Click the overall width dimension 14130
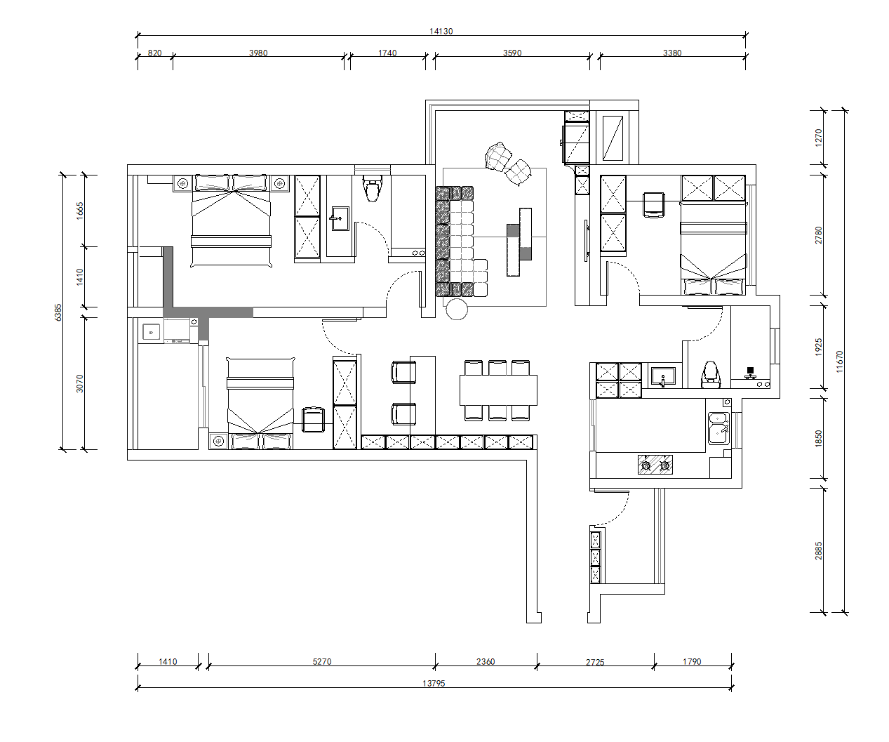click(x=441, y=31)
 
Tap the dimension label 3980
click(x=258, y=53)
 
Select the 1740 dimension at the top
click(x=387, y=53)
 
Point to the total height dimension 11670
click(x=839, y=362)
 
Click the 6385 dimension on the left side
click(x=58, y=312)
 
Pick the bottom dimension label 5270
click(x=322, y=661)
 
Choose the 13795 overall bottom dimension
click(x=434, y=683)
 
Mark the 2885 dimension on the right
click(x=818, y=550)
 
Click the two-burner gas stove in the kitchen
click(x=655, y=465)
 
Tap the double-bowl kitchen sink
click(x=718, y=428)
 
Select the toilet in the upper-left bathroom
click(x=372, y=189)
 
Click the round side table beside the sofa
click(x=457, y=310)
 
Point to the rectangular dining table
click(x=498, y=390)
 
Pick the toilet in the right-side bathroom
click(x=711, y=375)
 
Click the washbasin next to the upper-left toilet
click(x=340, y=218)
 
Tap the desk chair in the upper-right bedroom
click(x=653, y=205)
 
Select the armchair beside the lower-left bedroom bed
click(x=314, y=420)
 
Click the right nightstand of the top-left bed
click(x=279, y=184)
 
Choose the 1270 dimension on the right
click(x=818, y=138)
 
